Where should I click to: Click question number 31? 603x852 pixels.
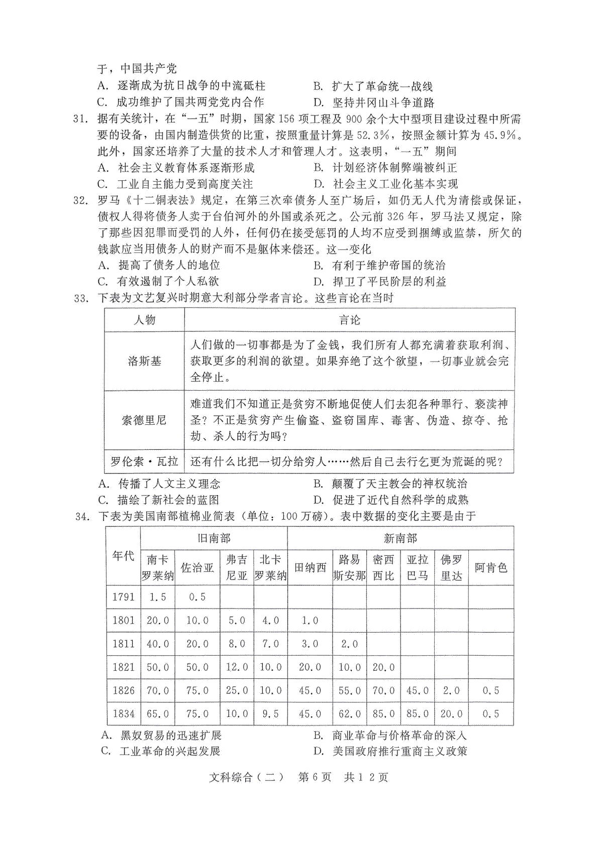point(81,119)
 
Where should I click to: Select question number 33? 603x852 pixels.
point(81,298)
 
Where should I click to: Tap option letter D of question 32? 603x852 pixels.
point(317,282)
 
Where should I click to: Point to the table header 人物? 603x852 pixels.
point(144,320)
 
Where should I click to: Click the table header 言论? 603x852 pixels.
point(349,320)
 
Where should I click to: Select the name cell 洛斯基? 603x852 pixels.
point(144,361)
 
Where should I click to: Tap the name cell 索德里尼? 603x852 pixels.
point(144,420)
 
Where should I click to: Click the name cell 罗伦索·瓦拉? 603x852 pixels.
point(144,461)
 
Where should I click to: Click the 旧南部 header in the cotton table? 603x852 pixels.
point(214,538)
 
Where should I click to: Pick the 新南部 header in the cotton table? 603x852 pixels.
point(400,538)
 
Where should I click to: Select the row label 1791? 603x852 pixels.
point(123,597)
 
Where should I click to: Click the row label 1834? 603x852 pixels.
point(123,713)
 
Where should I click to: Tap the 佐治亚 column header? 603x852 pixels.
point(197,567)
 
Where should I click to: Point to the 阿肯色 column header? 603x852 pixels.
point(490,567)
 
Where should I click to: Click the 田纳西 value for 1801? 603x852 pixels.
point(310,621)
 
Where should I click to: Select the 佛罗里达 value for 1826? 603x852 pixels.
point(451,690)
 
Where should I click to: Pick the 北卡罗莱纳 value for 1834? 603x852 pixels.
point(270,713)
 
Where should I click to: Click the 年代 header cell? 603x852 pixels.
point(123,556)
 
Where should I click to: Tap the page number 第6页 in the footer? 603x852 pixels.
point(315,777)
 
